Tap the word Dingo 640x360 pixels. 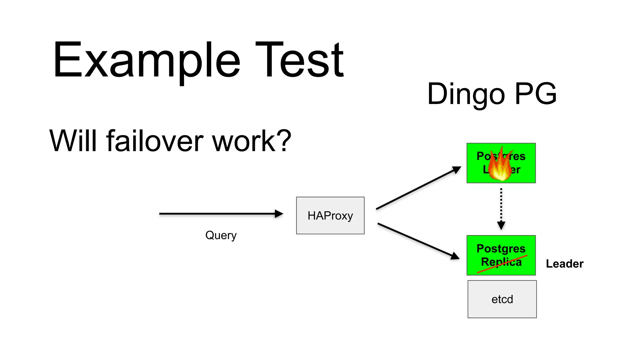[x=466, y=94]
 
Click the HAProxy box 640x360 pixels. [x=330, y=215]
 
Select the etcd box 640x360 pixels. [x=502, y=299]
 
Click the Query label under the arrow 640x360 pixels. [x=221, y=235]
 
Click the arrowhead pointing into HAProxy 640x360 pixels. [x=279, y=214]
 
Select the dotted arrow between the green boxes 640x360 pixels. [x=501, y=208]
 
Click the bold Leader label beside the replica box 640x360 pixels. [x=564, y=264]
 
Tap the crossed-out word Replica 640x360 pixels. [x=501, y=262]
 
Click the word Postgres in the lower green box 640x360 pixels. [x=501, y=248]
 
